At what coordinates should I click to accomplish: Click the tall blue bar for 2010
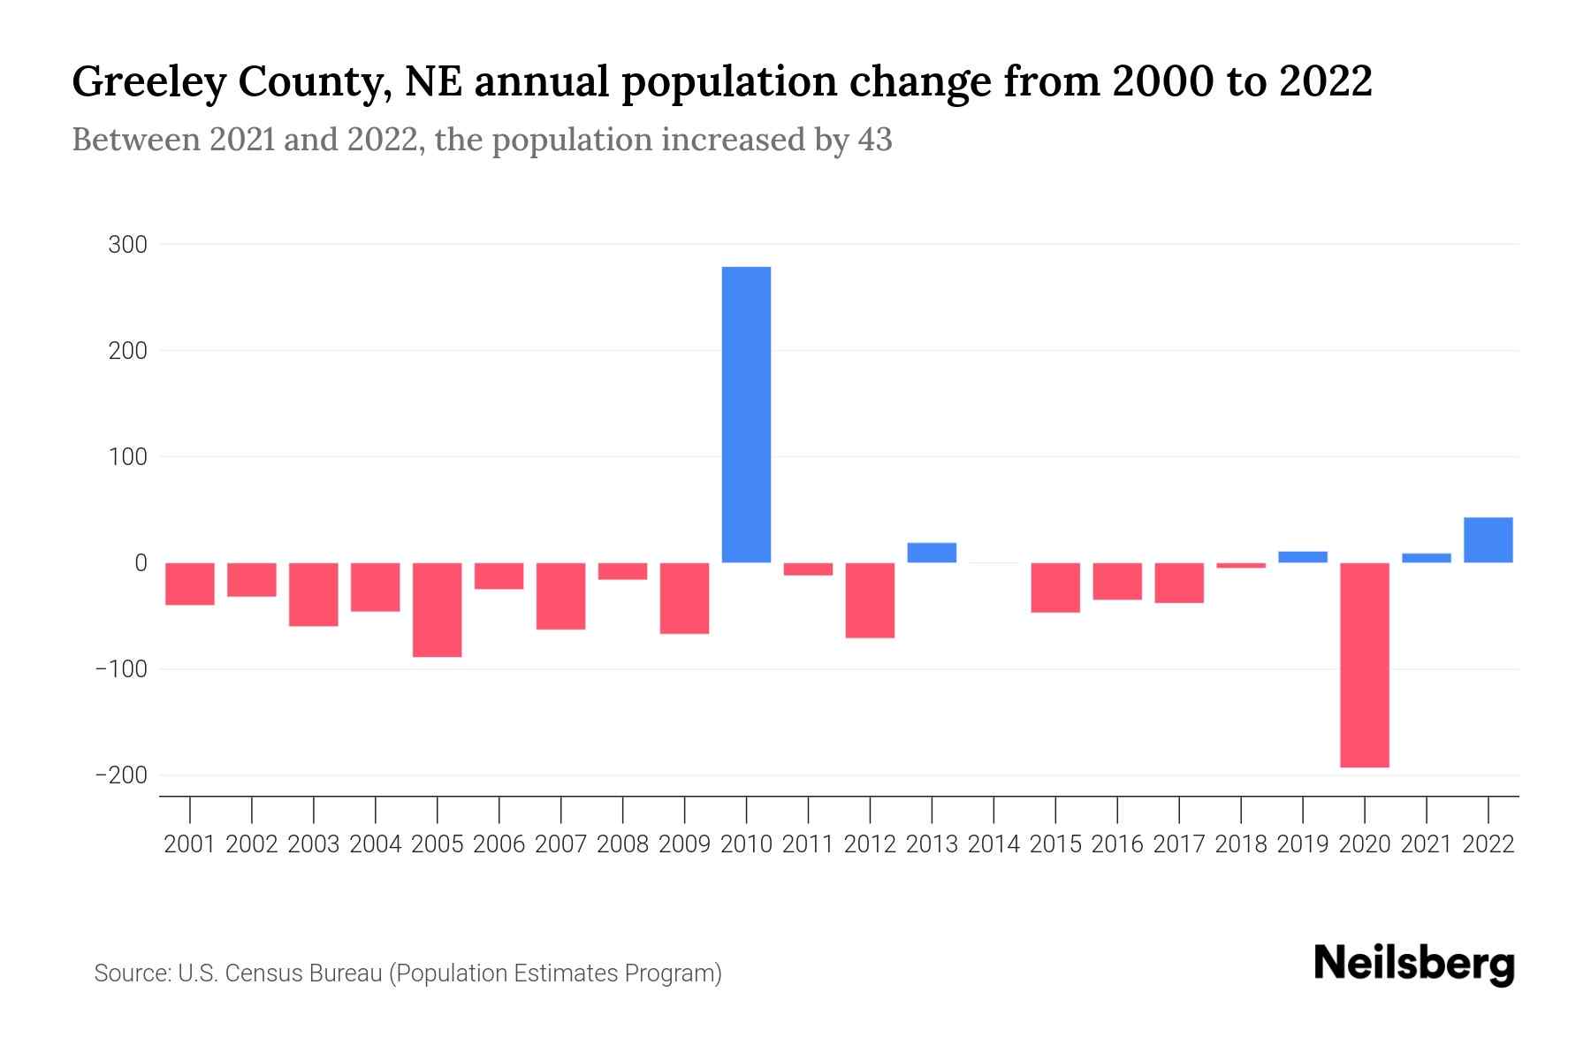(746, 414)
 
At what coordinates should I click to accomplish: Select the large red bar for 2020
(1364, 665)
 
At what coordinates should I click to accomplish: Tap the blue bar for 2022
(1488, 540)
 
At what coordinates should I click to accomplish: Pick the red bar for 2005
(437, 610)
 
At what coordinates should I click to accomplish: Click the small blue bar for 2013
(932, 553)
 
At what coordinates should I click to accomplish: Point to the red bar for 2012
(870, 600)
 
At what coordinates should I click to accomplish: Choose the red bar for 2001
(190, 584)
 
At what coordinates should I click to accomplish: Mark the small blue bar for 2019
(1302, 557)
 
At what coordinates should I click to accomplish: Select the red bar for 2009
(684, 599)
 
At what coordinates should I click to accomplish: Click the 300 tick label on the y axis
(127, 245)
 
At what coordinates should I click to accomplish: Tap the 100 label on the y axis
(127, 457)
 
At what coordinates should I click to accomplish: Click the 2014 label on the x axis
(993, 844)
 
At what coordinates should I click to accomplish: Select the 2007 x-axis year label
(560, 844)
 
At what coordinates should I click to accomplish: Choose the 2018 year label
(1240, 844)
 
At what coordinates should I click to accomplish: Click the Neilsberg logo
(1414, 964)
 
